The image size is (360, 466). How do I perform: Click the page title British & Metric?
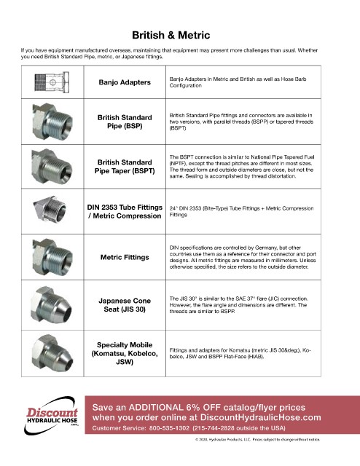[171, 35]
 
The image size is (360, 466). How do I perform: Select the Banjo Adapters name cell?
[125, 82]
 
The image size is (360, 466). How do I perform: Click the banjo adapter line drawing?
[52, 82]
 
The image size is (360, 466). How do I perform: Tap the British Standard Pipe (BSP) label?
[125, 122]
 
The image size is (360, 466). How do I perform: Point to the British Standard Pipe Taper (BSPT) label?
[125, 167]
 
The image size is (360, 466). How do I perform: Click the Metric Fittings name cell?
[125, 257]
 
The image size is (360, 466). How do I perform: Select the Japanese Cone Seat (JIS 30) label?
[125, 305]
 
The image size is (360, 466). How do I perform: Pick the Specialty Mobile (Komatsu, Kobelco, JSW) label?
[125, 353]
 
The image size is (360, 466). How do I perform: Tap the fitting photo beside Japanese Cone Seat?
[51, 305]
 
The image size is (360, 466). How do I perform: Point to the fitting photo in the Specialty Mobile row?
[52, 353]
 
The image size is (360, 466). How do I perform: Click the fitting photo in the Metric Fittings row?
[52, 257]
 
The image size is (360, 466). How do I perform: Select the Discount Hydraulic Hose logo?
[51, 416]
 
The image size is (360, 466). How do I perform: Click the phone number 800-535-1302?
[169, 428]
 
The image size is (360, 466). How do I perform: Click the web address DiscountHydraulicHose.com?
[261, 417]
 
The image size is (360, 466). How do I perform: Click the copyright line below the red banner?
[258, 440]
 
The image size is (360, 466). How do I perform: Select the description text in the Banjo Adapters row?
[238, 82]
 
